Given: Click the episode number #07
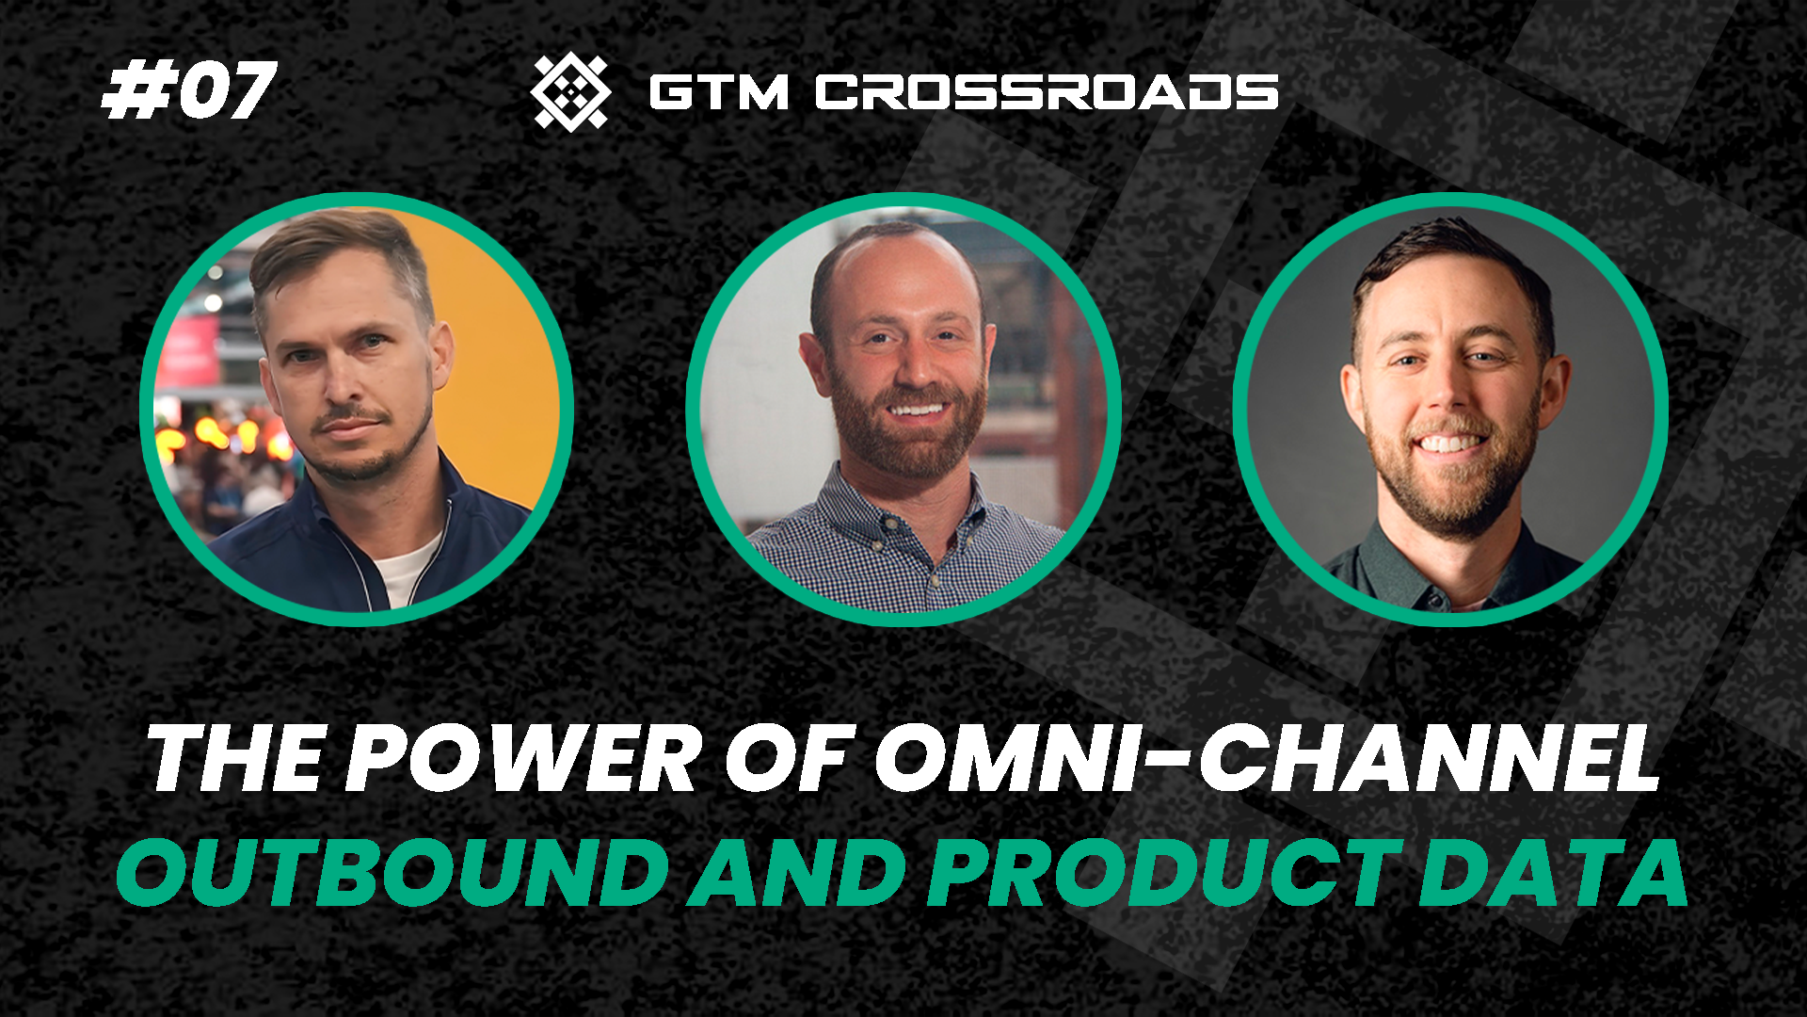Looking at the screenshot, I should coord(188,91).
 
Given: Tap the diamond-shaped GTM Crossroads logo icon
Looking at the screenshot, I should coord(570,91).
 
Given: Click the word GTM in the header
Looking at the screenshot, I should coord(718,92).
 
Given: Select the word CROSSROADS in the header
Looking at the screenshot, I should coord(1047,92).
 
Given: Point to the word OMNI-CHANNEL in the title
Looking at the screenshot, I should coord(1267,759).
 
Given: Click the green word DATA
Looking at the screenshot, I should coord(1553,872).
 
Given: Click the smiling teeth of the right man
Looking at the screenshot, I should coord(1449,443).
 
